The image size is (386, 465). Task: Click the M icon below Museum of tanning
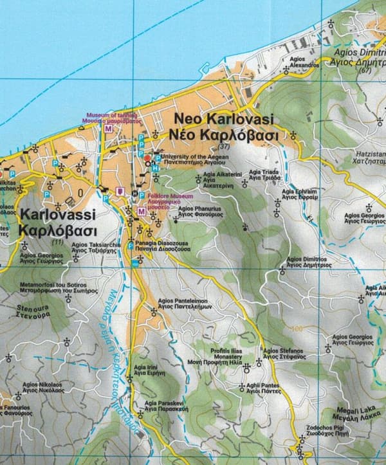107,129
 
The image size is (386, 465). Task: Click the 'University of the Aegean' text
192,156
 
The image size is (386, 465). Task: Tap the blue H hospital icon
156,167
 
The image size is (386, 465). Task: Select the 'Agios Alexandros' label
304,62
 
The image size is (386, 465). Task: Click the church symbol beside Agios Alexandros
286,69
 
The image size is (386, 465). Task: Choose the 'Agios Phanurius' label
201,209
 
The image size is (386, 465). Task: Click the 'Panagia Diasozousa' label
165,244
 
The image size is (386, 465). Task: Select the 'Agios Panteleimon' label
183,300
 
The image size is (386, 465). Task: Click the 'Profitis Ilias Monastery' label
217,353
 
